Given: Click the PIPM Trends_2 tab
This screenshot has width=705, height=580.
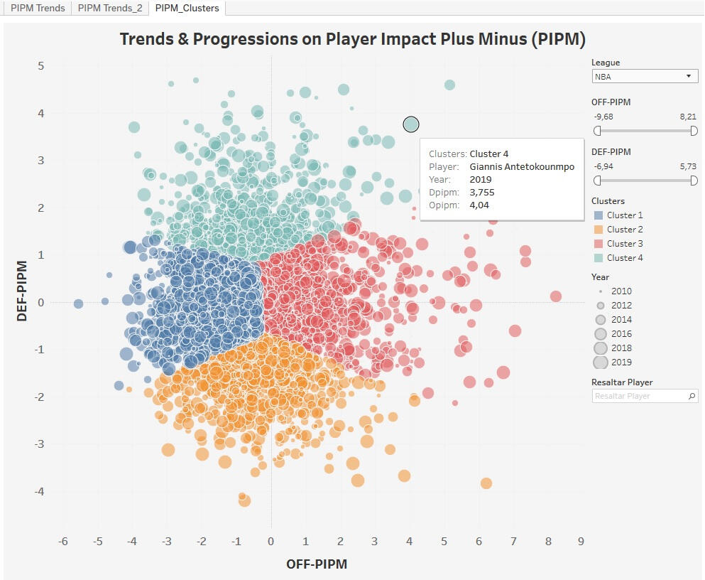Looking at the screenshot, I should tap(110, 9).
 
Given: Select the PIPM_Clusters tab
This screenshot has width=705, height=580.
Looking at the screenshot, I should tap(187, 9).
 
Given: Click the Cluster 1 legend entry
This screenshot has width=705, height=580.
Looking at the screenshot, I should tap(624, 215).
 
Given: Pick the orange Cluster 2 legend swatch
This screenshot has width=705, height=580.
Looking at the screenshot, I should tap(597, 230).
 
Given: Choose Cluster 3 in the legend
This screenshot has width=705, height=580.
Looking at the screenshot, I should tap(624, 244).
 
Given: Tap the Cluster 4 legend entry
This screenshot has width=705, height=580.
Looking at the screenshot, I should tap(624, 258).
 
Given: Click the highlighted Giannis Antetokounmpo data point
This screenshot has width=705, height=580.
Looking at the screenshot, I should tap(411, 124).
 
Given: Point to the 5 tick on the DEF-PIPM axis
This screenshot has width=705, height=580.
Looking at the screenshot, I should tap(41, 66).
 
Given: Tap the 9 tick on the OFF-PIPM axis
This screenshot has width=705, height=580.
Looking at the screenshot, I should tap(581, 542).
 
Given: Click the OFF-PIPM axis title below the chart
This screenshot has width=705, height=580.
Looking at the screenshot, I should tap(317, 564).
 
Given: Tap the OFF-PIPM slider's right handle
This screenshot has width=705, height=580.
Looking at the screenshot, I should tap(694, 131).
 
